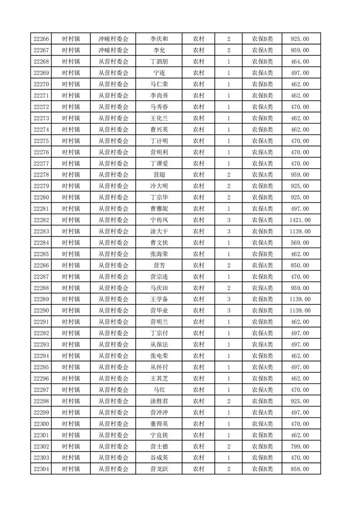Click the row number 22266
(41, 39)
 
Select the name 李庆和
(159, 39)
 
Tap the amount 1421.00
(300, 220)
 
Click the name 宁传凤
(159, 220)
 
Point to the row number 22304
(41, 469)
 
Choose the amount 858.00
(300, 469)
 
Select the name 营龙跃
(159, 469)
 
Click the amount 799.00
(300, 446)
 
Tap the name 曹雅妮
(159, 209)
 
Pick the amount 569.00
(300, 243)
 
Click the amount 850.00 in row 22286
(300, 265)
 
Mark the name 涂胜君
(159, 401)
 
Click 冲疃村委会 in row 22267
(113, 50)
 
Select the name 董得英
(159, 424)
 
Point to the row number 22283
(41, 231)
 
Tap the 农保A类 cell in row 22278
(262, 175)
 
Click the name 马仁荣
(159, 84)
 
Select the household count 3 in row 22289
(229, 299)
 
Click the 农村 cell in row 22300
(198, 424)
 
